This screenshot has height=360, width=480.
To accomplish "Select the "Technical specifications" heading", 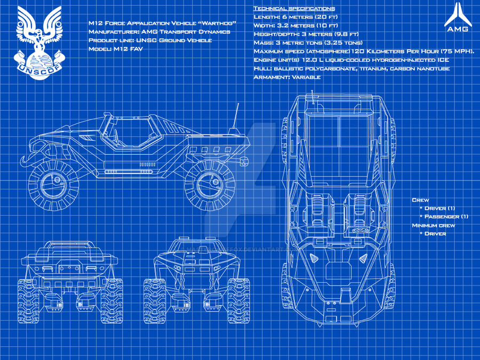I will (x=294, y=9).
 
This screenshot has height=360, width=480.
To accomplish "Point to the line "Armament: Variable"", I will (x=287, y=77).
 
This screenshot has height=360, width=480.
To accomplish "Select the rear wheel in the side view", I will (x=209, y=185).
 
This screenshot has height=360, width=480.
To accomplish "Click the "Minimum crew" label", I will (x=434, y=225).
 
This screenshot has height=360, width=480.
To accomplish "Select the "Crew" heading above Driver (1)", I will (x=420, y=199).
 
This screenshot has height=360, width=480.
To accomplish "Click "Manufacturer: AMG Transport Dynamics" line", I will (x=159, y=32).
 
